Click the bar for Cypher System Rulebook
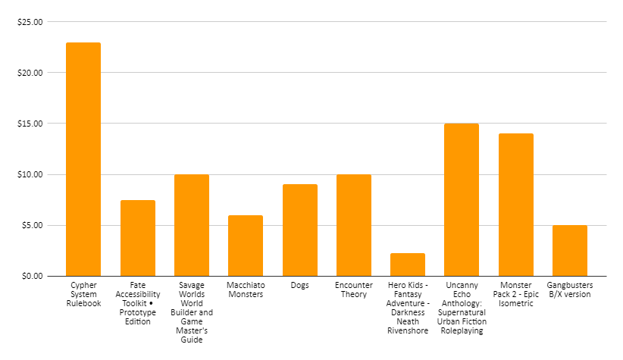(x=83, y=159)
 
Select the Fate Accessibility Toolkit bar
(x=137, y=238)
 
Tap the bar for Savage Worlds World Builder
(x=192, y=225)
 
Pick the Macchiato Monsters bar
(x=246, y=246)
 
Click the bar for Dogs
(x=300, y=230)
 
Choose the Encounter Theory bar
(x=354, y=225)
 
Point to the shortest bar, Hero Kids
(x=408, y=265)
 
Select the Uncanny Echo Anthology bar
(x=462, y=199)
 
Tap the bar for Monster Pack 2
(x=516, y=205)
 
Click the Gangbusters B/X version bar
(x=570, y=251)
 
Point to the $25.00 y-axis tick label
(x=30, y=22)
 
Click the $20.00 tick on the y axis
(x=30, y=73)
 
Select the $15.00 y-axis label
(x=30, y=124)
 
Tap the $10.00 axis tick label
(x=30, y=174)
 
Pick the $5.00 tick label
(x=33, y=225)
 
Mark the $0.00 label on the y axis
(x=33, y=276)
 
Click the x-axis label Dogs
(x=300, y=285)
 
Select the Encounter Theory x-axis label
(x=354, y=290)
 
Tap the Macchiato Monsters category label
(x=246, y=290)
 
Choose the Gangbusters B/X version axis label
(x=570, y=290)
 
